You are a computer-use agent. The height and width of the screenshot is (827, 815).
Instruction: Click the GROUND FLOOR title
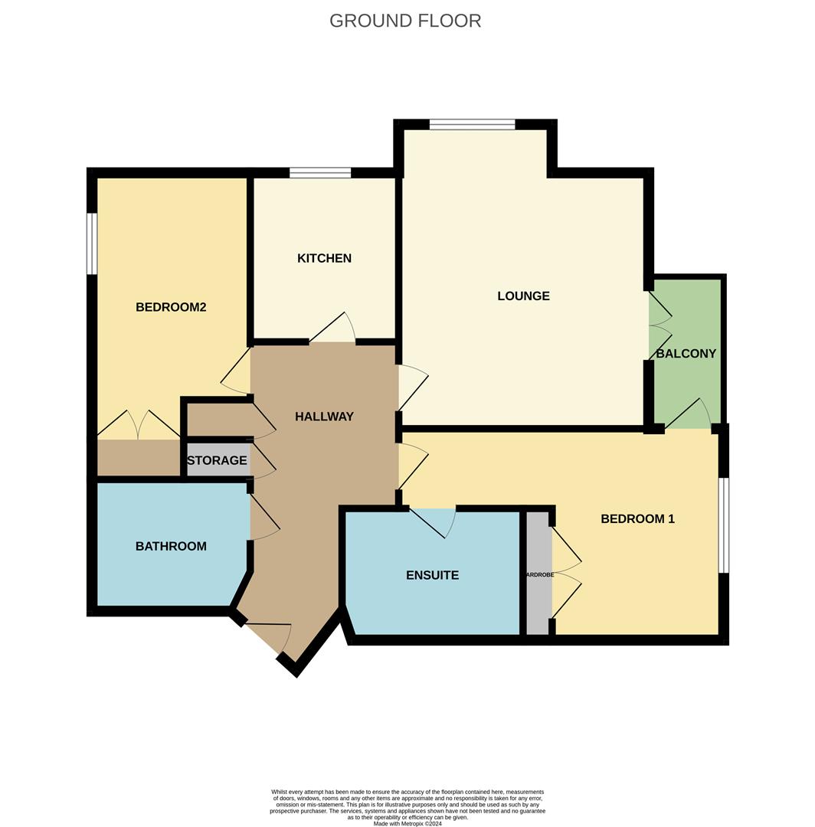click(405, 21)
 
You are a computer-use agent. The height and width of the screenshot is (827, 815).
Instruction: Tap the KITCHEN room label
click(324, 258)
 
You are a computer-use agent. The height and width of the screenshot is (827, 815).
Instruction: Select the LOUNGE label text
click(523, 296)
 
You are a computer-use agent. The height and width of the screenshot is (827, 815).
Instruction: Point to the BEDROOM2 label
click(171, 307)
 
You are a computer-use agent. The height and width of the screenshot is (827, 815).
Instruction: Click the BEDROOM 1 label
click(637, 518)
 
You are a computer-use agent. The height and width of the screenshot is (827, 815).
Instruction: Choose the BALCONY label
click(686, 353)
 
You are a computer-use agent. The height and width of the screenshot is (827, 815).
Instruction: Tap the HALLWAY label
click(324, 417)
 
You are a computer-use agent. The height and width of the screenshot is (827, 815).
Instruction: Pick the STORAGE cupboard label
click(217, 460)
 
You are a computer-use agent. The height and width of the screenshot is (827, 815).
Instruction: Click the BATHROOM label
click(171, 546)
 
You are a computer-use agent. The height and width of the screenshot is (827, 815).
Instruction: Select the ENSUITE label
click(432, 575)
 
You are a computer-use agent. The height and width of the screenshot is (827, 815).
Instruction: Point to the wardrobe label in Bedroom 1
click(538, 574)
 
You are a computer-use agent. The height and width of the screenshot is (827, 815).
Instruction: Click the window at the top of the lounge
click(472, 124)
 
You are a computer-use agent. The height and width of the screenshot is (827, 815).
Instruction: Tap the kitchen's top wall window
click(320, 172)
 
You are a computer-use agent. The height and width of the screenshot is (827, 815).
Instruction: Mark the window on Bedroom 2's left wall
click(92, 243)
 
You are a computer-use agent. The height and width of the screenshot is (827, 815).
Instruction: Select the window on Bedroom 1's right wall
click(723, 525)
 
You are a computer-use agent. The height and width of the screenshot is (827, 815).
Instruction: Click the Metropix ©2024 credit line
click(407, 823)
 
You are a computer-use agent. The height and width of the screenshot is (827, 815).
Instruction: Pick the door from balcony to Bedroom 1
click(690, 414)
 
